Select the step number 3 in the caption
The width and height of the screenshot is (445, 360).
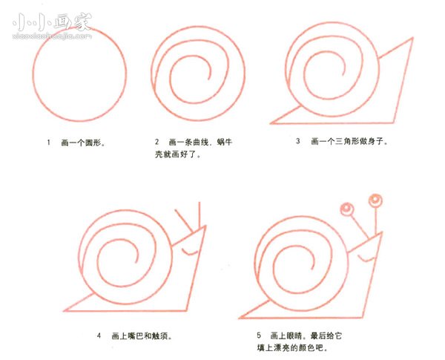(x=297, y=140)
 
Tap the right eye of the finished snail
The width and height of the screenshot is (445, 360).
(x=375, y=200)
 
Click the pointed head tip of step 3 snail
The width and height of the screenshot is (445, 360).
(x=412, y=39)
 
